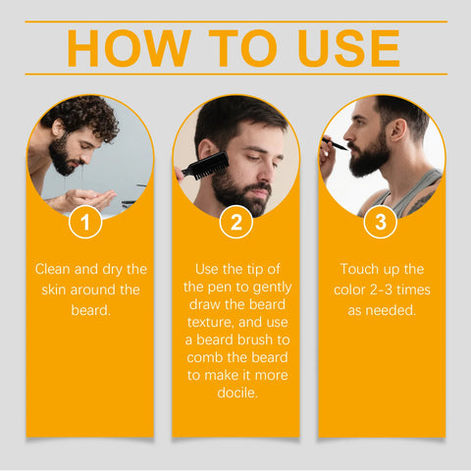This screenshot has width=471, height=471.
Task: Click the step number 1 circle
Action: (85, 223)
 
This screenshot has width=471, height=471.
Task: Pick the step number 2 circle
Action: (235, 223)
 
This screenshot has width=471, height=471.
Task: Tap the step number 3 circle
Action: (381, 223)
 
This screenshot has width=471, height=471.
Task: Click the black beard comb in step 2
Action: (205, 164)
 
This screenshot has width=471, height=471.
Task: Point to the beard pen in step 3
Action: (335, 143)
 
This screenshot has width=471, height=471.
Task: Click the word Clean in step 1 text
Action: (54, 268)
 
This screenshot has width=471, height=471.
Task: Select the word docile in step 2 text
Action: (235, 392)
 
